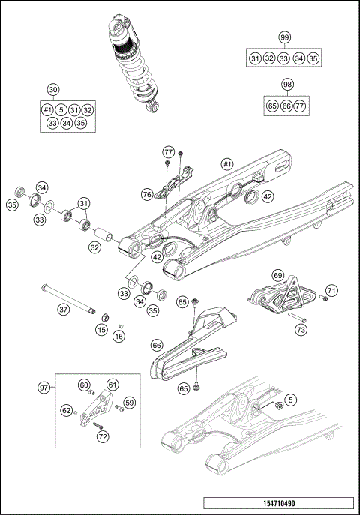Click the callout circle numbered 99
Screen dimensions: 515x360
coord(284,38)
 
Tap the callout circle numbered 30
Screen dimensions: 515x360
coord(52,89)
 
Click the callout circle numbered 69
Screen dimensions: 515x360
coord(277,276)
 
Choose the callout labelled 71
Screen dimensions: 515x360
coord(332,289)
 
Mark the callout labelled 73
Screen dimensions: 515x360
coord(301,329)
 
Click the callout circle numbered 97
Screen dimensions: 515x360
coord(44,387)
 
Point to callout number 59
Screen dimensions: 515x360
coord(129,403)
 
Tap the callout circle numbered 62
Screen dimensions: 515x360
coord(66,410)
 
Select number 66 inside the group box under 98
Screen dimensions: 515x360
coord(286,106)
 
